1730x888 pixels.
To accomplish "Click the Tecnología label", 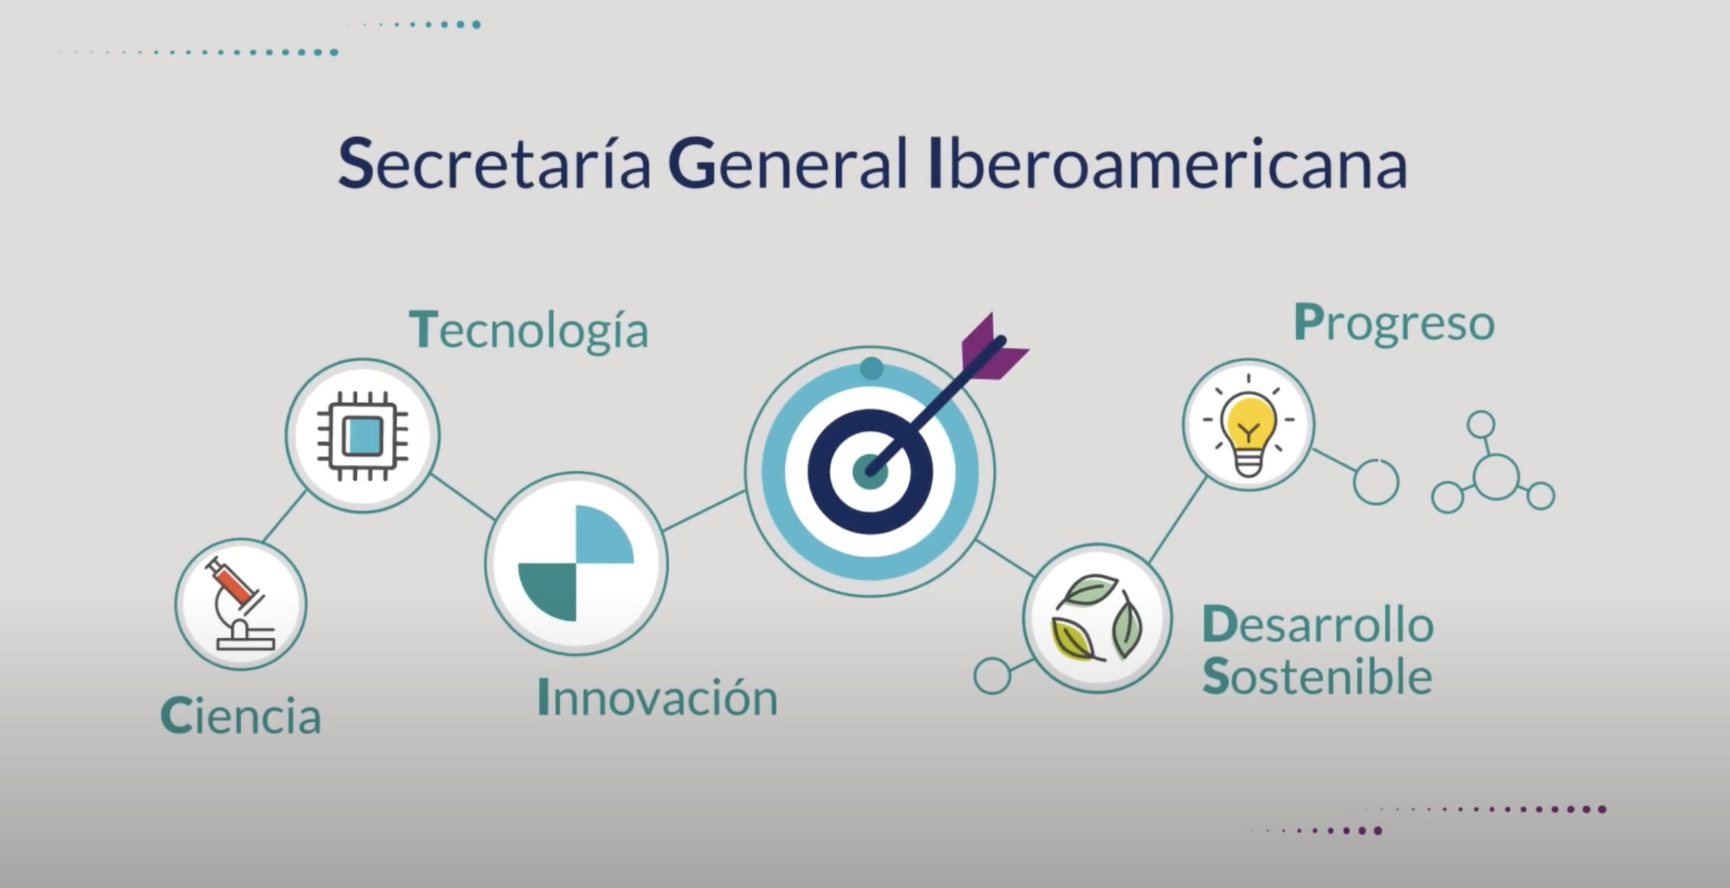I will click(529, 329).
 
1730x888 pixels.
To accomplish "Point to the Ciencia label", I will click(241, 716).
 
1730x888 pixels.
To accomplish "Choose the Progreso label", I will click(1393, 323).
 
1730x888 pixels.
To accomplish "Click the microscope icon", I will click(241, 603).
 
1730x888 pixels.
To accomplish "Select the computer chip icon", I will click(362, 435).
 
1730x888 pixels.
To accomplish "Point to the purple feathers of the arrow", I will click(992, 345).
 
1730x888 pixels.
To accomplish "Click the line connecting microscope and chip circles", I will click(284, 515).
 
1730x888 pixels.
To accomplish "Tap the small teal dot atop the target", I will click(871, 369).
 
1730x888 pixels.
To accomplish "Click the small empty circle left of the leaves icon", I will click(991, 675).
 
